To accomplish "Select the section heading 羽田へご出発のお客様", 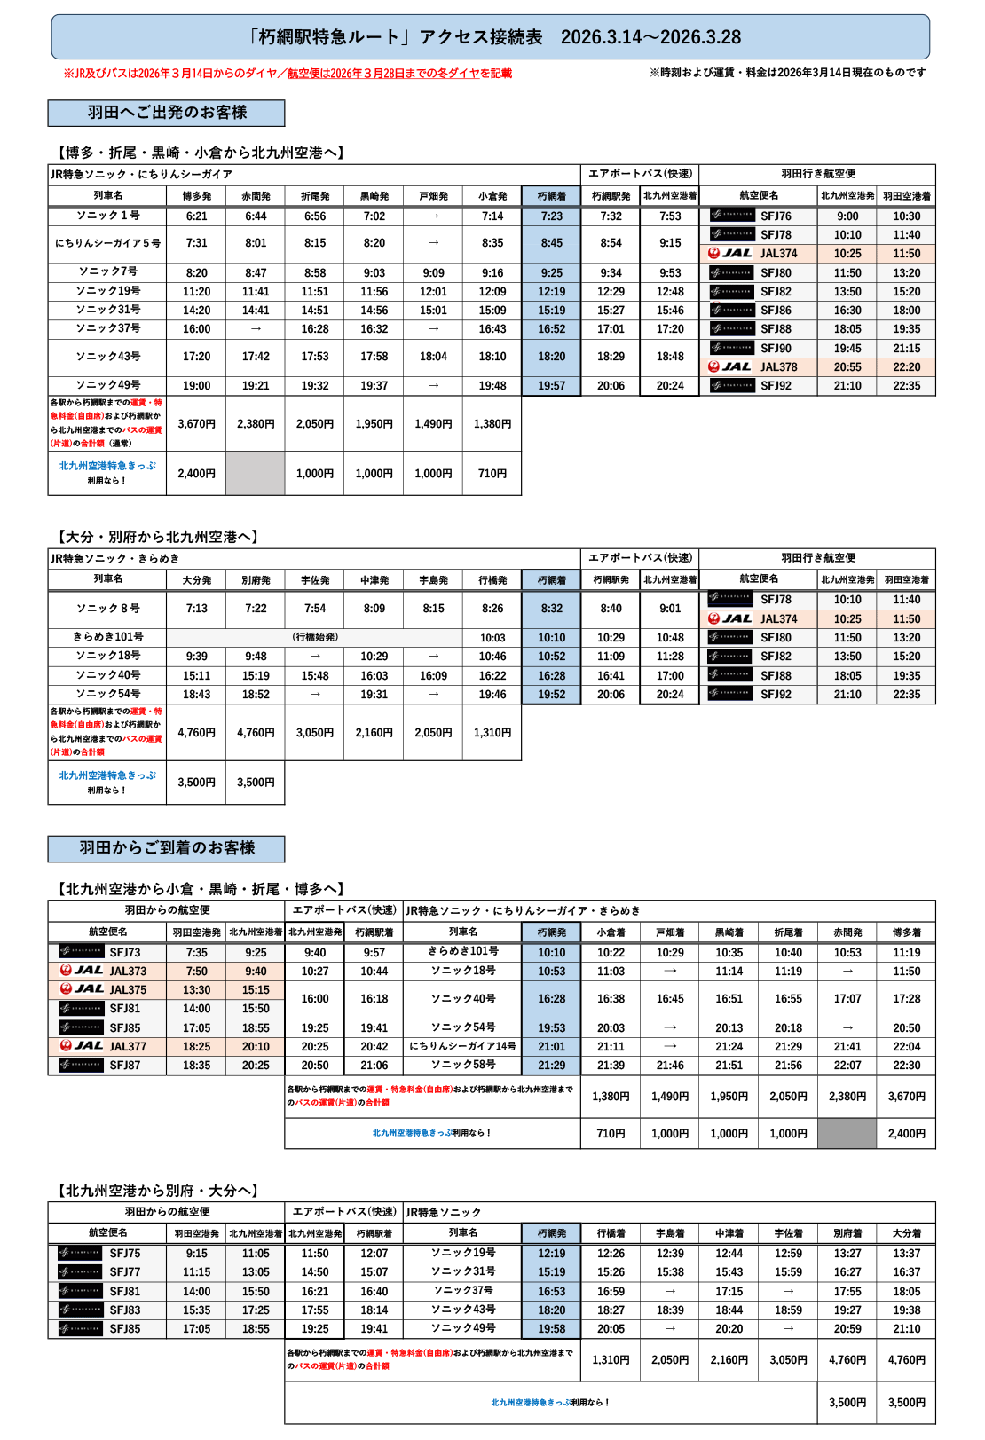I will pyautogui.click(x=167, y=113).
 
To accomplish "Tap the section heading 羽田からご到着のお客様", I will pyautogui.click(x=167, y=848).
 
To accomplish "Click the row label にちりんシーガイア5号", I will pyautogui.click(x=107, y=243).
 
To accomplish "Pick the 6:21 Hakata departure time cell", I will pyautogui.click(x=196, y=216).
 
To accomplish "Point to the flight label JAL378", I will pyautogui.click(x=778, y=367).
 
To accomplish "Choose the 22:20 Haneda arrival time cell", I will pyautogui.click(x=906, y=367).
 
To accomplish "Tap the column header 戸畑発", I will pyautogui.click(x=433, y=196).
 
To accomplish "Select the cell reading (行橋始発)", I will pyautogui.click(x=315, y=637).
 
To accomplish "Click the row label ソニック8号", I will pyautogui.click(x=107, y=609).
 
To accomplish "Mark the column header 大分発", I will pyautogui.click(x=196, y=580).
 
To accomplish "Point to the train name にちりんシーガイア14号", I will pyautogui.click(x=462, y=1046).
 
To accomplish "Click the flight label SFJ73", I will pyautogui.click(x=125, y=952).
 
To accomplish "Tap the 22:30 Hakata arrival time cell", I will pyautogui.click(x=906, y=1066).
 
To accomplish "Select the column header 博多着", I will pyautogui.click(x=906, y=932).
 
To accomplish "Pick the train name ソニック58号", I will pyautogui.click(x=462, y=1065).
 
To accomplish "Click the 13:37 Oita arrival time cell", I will pyautogui.click(x=906, y=1254).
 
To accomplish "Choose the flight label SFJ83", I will pyautogui.click(x=125, y=1310).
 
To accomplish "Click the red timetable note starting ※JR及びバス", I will pyautogui.click(x=288, y=74).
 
